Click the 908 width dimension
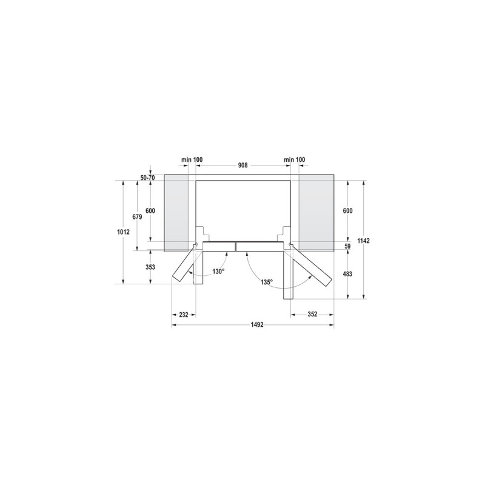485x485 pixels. point(242,165)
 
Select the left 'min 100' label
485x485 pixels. point(192,159)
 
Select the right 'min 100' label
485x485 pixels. point(295,159)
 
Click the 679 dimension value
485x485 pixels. point(137,216)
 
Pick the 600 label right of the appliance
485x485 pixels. point(347,210)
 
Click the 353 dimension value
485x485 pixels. point(151,267)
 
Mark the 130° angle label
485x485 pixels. point(218,272)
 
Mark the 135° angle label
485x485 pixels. point(267,282)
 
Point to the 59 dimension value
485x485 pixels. point(347,246)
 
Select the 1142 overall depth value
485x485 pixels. point(364,241)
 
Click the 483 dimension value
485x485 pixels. point(347,274)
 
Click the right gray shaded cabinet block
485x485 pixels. point(316,212)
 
